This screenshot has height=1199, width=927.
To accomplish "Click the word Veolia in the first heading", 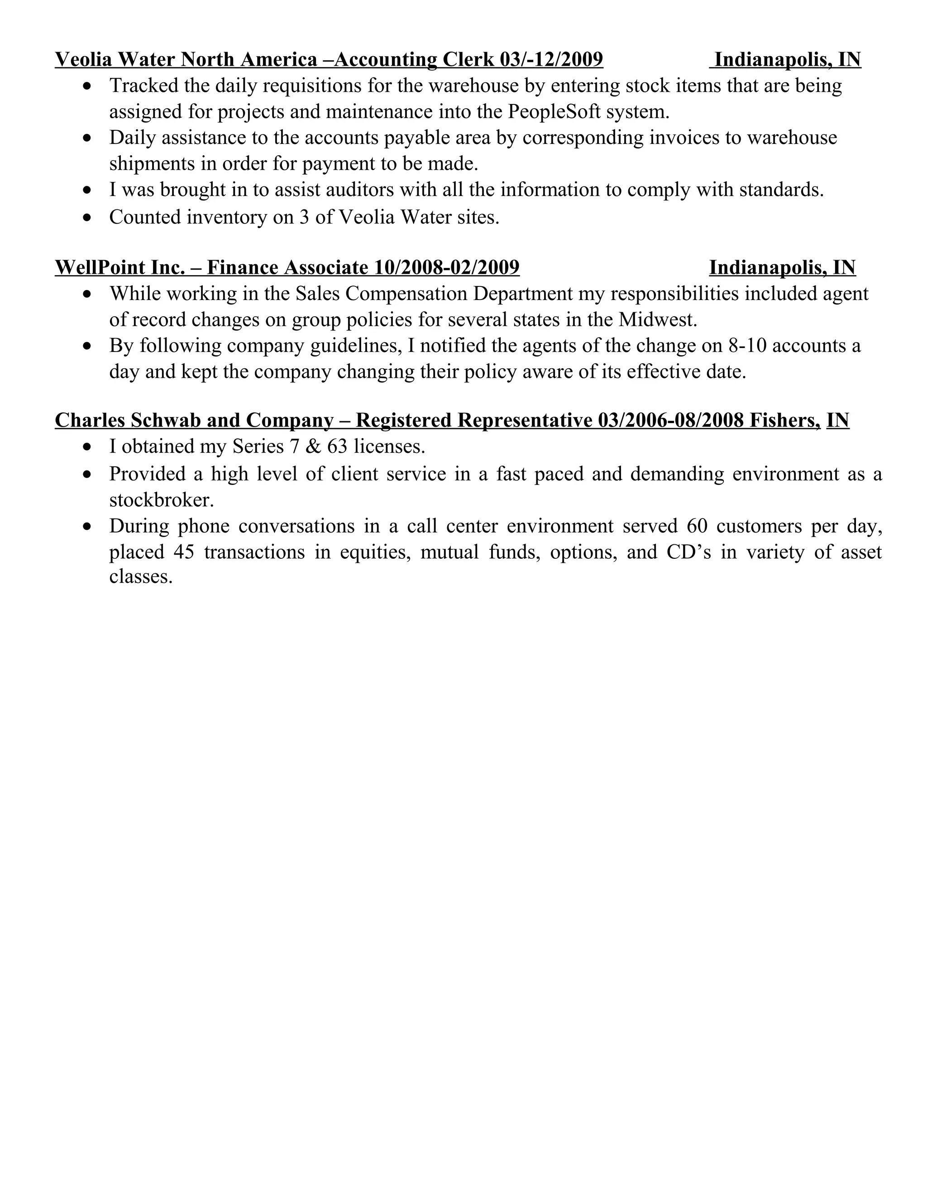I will (x=83, y=59).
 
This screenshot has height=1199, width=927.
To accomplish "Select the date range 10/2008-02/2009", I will (x=446, y=267).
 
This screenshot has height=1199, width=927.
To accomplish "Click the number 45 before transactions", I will (x=183, y=552).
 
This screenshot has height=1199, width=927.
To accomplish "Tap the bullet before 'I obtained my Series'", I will (x=87, y=447).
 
